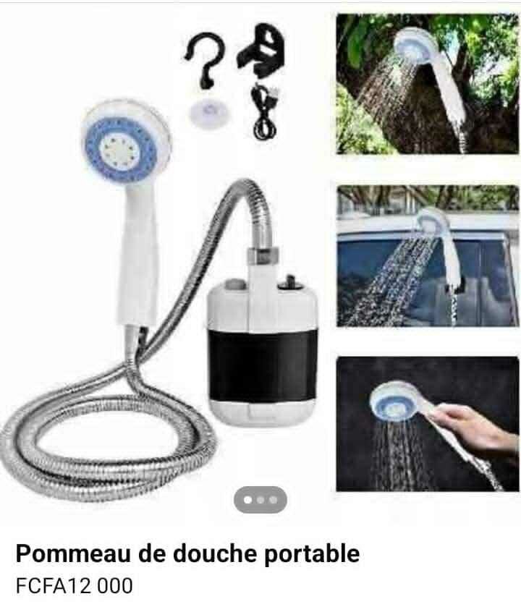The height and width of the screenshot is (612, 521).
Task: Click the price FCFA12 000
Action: [x=75, y=585]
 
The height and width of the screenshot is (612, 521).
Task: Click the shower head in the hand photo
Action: [x=395, y=401]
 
